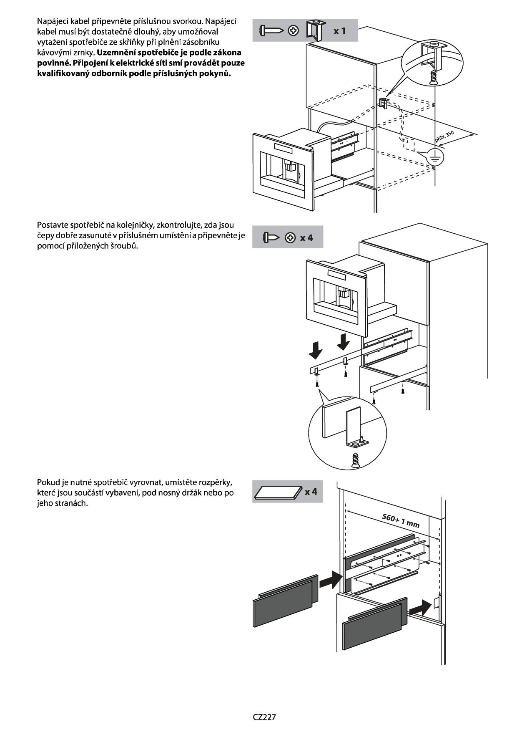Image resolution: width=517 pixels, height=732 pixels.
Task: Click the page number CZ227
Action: coord(264,717)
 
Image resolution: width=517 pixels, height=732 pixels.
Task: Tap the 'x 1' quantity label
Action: coord(339,31)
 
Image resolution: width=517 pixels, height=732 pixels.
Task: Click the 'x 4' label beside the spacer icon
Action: coord(311,492)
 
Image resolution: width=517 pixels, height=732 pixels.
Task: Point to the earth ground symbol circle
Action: coord(435,157)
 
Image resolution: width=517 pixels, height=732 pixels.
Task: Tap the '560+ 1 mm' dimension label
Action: coord(400,520)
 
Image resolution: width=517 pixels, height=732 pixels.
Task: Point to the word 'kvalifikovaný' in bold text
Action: coord(63,73)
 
